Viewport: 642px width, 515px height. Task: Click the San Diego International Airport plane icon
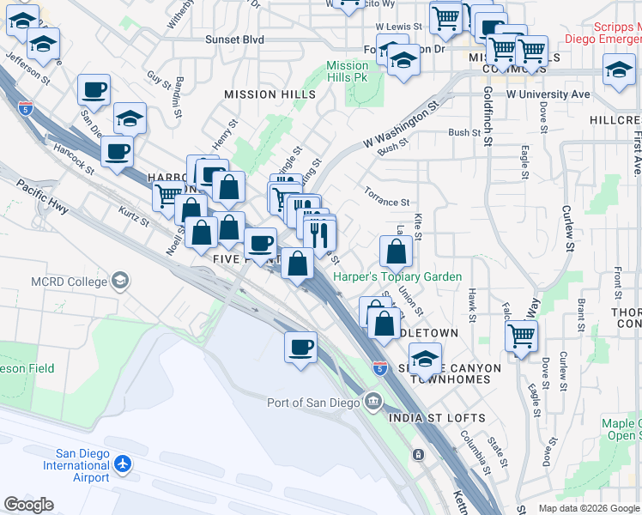click(123, 464)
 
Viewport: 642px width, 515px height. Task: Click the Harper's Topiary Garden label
click(397, 277)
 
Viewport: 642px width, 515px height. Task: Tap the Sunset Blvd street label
click(234, 39)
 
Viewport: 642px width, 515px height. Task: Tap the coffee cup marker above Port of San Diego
click(300, 348)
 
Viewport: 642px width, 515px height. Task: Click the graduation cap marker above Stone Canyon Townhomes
click(425, 358)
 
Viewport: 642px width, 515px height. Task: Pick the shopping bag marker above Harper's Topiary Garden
click(396, 252)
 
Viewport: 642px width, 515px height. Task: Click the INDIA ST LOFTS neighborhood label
click(438, 418)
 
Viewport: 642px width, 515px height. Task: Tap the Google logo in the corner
click(28, 505)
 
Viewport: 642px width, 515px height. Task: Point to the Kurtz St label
click(134, 216)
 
